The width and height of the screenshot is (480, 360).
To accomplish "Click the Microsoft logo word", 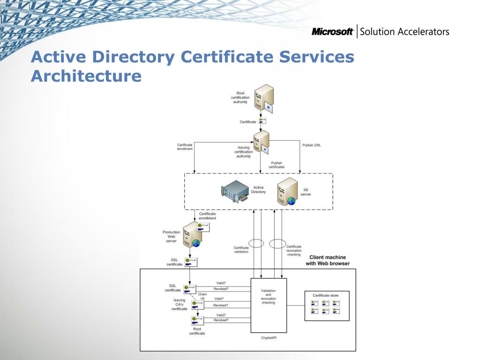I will (x=332, y=32).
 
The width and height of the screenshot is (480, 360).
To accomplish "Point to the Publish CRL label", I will (x=311, y=145).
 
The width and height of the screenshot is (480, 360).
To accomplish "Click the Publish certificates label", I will (x=276, y=165).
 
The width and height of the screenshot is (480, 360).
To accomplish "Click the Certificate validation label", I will (x=241, y=249).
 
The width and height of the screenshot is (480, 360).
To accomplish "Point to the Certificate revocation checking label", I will (x=294, y=250).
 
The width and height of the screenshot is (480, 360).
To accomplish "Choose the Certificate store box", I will (x=327, y=306).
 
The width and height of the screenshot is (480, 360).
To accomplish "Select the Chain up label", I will (x=202, y=296).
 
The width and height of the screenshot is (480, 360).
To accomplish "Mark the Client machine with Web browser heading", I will (x=328, y=260).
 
